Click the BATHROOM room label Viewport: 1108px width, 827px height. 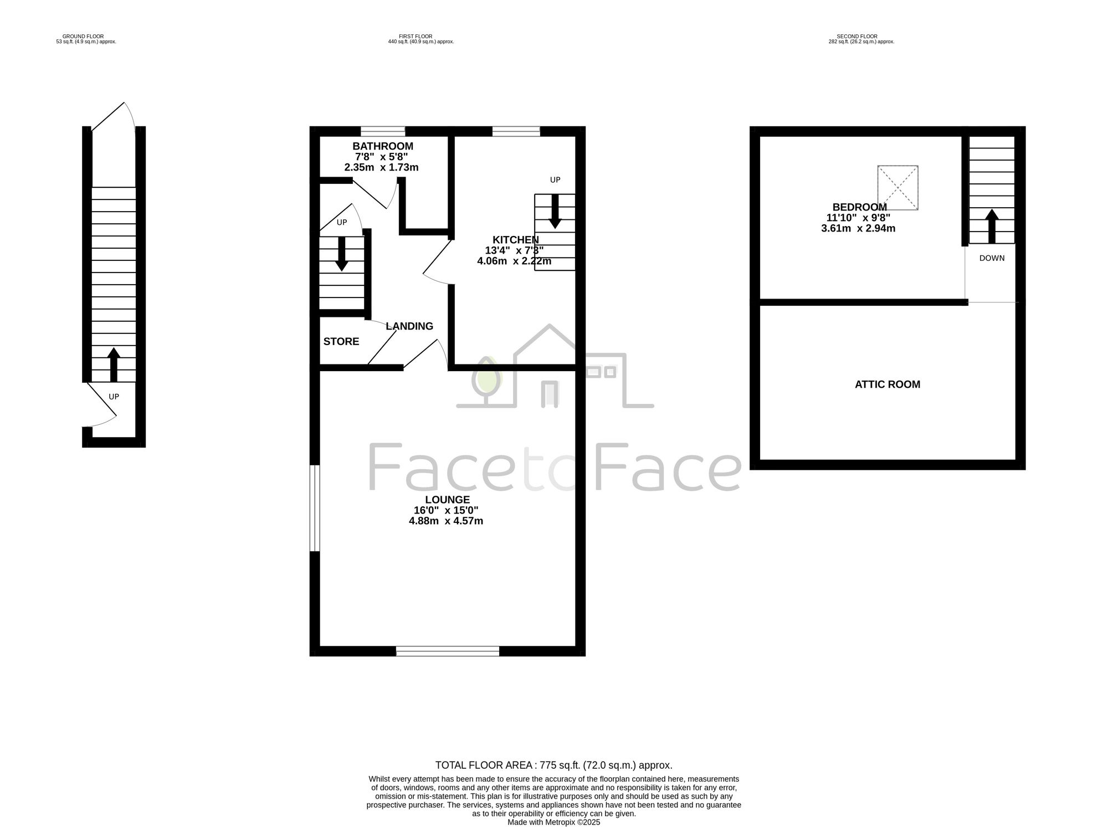tap(383, 146)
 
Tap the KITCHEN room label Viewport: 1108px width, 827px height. tap(516, 240)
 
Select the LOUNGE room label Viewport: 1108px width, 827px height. tap(447, 500)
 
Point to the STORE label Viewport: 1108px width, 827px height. tap(341, 341)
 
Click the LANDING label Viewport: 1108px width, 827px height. tap(409, 326)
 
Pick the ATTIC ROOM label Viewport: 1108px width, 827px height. tap(888, 384)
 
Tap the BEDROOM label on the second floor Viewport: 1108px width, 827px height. tap(859, 207)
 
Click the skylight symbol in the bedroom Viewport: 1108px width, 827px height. tap(897, 188)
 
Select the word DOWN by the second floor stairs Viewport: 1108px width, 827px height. tap(992, 258)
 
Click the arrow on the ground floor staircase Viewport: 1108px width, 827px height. tap(114, 364)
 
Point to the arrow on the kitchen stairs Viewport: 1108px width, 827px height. tap(555, 212)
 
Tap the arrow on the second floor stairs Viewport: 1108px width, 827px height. tap(992, 226)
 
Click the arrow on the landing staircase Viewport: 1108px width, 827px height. tap(342, 254)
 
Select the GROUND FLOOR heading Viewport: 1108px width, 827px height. tap(83, 37)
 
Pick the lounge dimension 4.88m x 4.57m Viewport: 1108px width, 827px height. tap(446, 521)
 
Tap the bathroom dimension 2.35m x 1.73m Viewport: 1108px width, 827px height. tap(381, 167)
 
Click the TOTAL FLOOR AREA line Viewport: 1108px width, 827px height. tap(554, 766)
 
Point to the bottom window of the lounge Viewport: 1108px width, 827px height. tap(448, 651)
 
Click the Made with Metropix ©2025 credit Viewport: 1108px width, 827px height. tap(554, 823)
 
